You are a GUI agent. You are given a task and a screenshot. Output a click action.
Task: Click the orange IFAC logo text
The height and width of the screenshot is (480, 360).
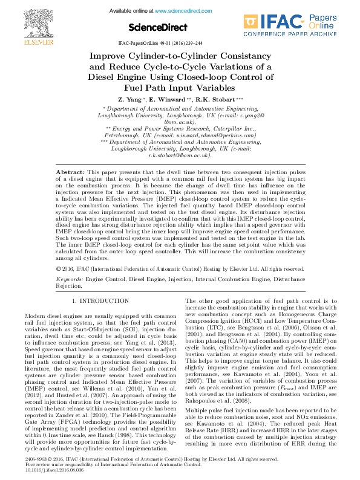coord(273,23)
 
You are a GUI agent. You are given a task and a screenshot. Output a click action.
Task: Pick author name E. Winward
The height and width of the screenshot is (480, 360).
coord(168,99)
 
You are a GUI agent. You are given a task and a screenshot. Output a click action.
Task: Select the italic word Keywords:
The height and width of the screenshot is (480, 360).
coord(70,281)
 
